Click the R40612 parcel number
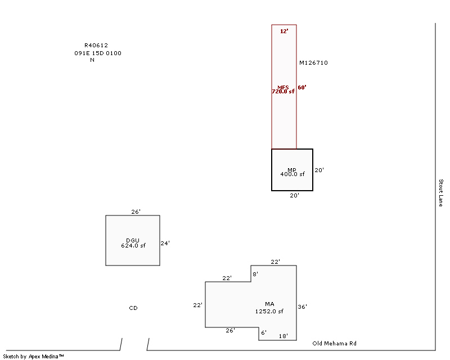pos(96,46)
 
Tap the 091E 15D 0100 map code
pos(98,53)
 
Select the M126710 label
pos(313,63)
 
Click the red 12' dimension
pos(284,31)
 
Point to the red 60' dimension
pos(302,88)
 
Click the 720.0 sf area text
pos(283,91)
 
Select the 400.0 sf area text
pos(292,174)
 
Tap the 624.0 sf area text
pos(133,246)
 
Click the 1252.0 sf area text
pos(269,311)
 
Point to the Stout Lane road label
pos(441,193)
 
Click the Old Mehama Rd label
pos(335,343)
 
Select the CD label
pos(133,308)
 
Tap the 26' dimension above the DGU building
pos(136,212)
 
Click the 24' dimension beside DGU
pos(165,244)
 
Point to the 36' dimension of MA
pos(303,307)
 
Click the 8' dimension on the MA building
pos(255,274)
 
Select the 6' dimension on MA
pos(264,332)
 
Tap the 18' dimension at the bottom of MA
pos(284,336)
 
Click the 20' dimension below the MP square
pos(295,196)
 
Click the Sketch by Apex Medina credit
pos(33,357)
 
